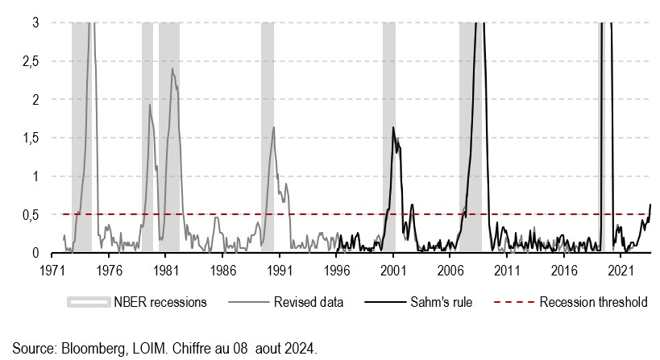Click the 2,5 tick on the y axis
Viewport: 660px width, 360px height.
coord(30,61)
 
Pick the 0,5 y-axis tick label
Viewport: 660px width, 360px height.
coord(30,214)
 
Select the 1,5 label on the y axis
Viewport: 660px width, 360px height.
coord(30,138)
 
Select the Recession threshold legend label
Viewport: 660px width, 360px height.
coord(593,303)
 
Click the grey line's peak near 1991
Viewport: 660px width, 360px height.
coord(274,127)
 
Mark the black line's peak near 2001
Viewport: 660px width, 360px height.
coord(392,127)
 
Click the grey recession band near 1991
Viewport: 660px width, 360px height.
coord(268,137)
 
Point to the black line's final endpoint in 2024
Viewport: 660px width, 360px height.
coord(650,205)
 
